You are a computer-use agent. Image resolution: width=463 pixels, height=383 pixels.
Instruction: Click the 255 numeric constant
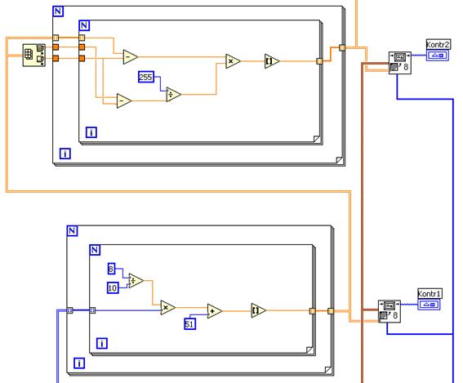pyautogui.click(x=146, y=77)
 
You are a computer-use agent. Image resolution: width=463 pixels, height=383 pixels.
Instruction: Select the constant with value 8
pyautogui.click(x=111, y=269)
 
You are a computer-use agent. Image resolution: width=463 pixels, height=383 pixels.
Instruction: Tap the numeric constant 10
pyautogui.click(x=113, y=287)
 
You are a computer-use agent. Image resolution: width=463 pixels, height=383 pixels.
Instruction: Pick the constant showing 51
pyautogui.click(x=189, y=324)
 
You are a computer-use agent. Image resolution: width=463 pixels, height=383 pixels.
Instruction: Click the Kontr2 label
pyautogui.click(x=439, y=45)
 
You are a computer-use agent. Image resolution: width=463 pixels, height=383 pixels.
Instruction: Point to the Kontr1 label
pyautogui.click(x=430, y=294)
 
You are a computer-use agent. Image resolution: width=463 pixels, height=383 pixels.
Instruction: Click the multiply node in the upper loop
pyautogui.click(x=233, y=61)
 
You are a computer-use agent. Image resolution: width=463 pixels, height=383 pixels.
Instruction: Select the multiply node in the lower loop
pyautogui.click(x=167, y=307)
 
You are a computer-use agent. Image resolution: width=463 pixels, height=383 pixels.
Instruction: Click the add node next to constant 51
pyautogui.click(x=215, y=311)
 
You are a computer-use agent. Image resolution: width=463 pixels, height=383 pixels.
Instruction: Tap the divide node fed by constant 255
pyautogui.click(x=173, y=95)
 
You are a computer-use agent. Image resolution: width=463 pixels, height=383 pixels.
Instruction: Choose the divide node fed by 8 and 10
pyautogui.click(x=136, y=281)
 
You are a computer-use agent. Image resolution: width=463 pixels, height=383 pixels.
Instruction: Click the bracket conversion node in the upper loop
pyautogui.click(x=272, y=61)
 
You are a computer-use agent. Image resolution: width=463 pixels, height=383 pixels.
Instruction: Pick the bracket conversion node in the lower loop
pyautogui.click(x=258, y=310)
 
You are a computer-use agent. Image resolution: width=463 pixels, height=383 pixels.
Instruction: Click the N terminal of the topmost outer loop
pyautogui.click(x=58, y=11)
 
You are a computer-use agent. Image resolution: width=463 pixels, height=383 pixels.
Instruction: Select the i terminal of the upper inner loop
pyautogui.click(x=91, y=132)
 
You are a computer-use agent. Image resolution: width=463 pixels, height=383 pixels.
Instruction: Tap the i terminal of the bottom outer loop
pyautogui.click(x=79, y=363)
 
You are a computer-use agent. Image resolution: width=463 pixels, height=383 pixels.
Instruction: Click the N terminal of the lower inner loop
pyautogui.click(x=95, y=250)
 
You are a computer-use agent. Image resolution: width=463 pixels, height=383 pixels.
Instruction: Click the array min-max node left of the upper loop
pyautogui.click(x=34, y=56)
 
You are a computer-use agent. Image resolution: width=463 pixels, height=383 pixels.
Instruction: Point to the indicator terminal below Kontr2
pyautogui.click(x=438, y=56)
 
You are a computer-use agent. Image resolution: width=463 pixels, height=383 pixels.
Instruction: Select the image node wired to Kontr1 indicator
pyautogui.click(x=390, y=311)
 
